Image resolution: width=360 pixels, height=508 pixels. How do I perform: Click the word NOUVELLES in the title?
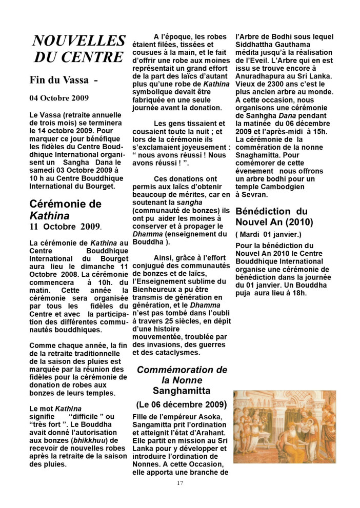78,41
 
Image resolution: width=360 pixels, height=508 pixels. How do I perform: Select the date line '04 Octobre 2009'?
59,98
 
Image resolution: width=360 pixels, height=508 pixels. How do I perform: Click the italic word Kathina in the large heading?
49,215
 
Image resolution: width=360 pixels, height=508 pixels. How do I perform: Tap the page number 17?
179,483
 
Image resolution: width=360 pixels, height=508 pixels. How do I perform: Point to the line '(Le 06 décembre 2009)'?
182,404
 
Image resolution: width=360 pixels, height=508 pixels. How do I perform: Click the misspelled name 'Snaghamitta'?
258,147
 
